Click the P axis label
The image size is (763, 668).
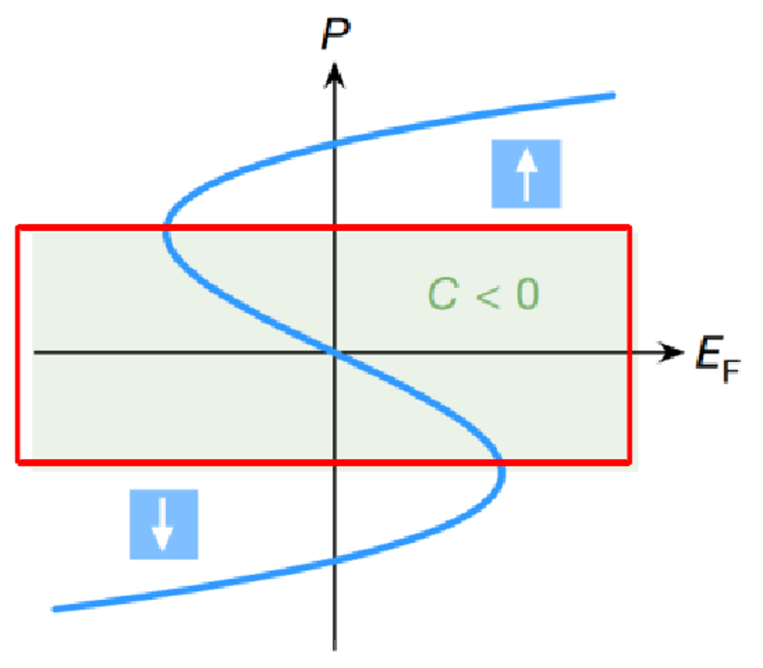click(335, 34)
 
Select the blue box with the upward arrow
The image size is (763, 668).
click(526, 173)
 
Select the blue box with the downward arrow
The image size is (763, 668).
click(163, 524)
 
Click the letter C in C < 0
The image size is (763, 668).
click(443, 294)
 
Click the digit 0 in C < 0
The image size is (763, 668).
click(528, 294)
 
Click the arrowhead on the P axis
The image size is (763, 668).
click(334, 76)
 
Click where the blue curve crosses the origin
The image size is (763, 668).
click(334, 352)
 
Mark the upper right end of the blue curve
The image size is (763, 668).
click(612, 95)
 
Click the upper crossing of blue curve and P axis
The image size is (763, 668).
click(334, 144)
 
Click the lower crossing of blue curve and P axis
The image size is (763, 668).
click(334, 560)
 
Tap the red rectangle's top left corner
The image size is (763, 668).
click(18, 228)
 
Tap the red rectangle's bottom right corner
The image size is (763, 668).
click(629, 462)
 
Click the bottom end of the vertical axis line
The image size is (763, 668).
click(334, 648)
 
